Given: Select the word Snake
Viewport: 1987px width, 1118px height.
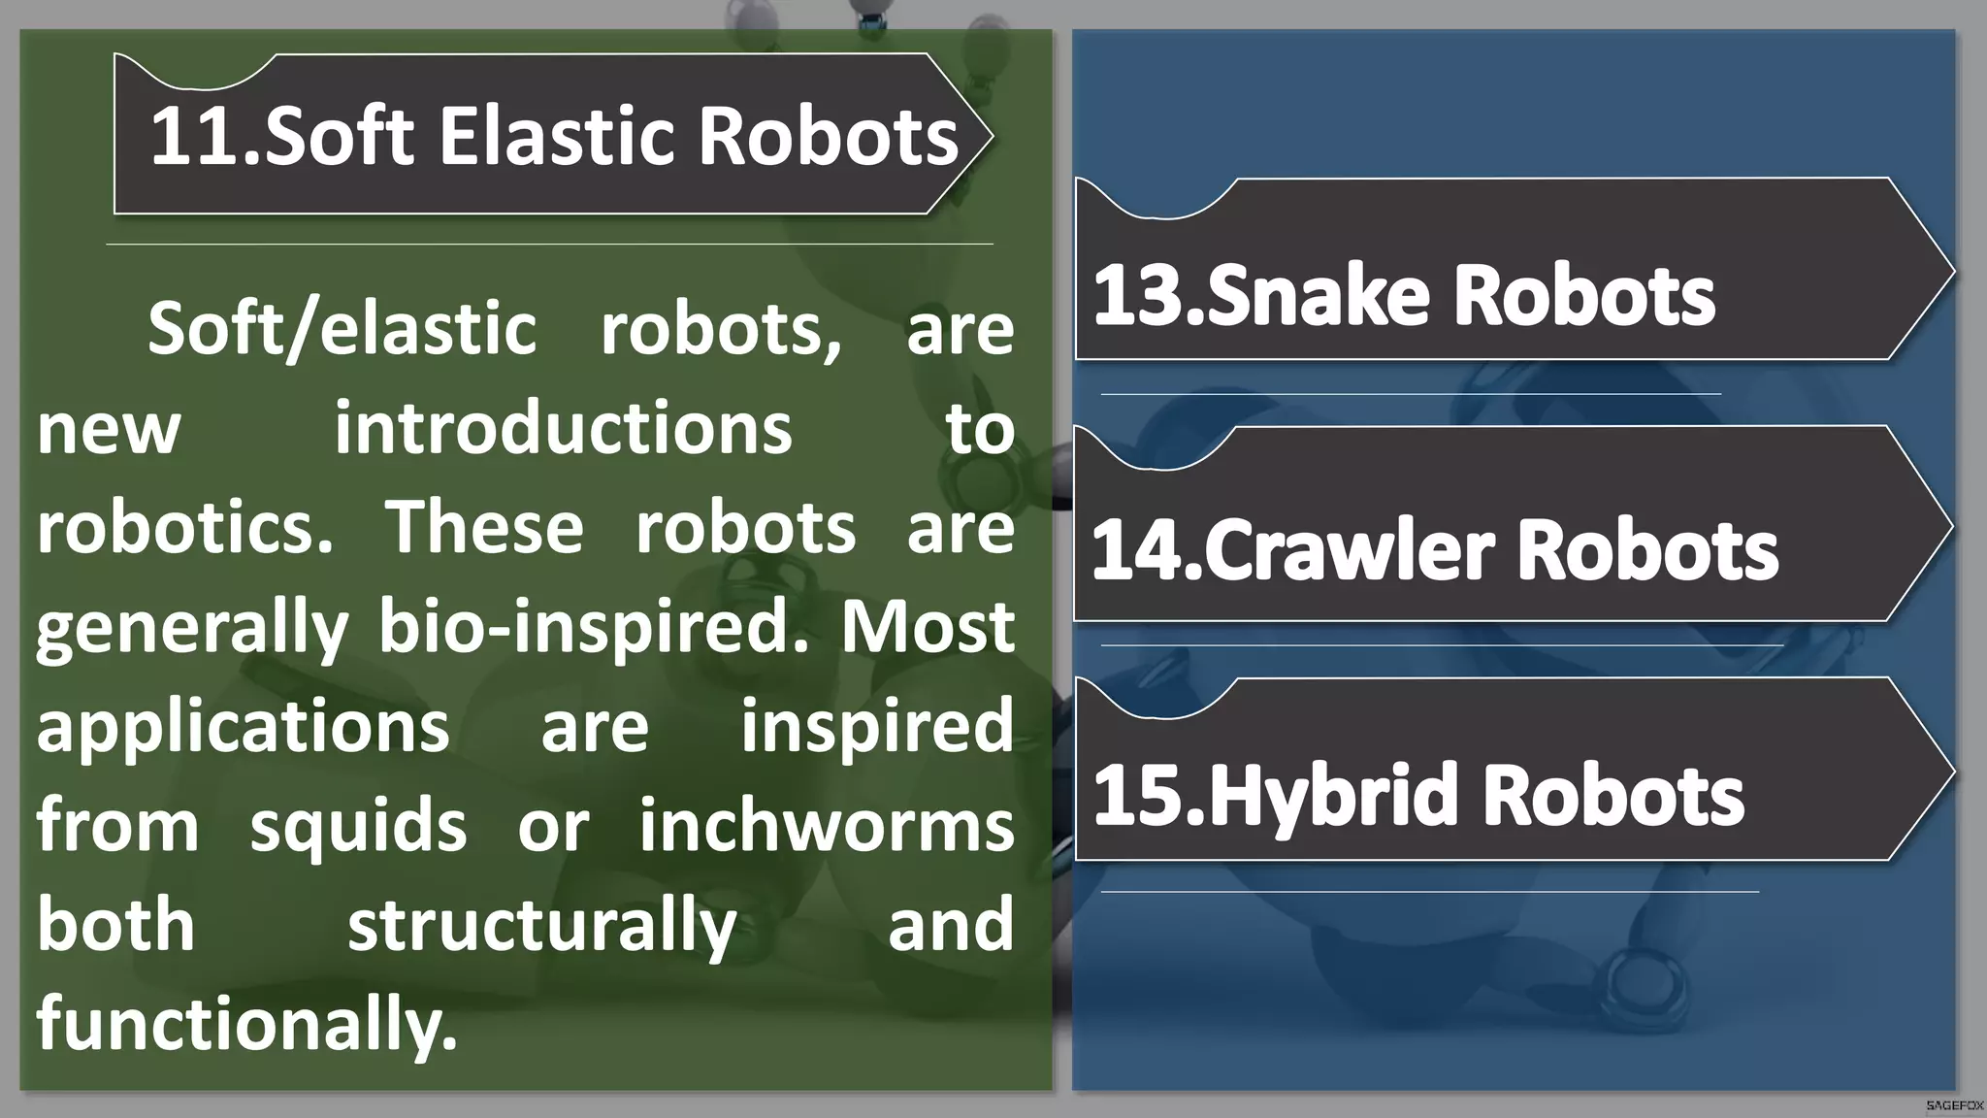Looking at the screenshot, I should (1319, 295).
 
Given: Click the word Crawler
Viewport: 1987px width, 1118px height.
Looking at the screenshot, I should (1350, 550).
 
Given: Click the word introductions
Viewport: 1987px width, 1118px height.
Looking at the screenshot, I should (563, 429).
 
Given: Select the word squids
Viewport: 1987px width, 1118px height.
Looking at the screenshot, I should (358, 826).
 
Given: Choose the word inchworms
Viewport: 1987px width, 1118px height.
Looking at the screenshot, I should (826, 826).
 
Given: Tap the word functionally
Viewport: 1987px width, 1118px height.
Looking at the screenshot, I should (246, 1025).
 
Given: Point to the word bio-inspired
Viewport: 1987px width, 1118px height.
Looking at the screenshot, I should (593, 628).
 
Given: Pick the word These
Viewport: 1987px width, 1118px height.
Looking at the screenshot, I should (485, 528).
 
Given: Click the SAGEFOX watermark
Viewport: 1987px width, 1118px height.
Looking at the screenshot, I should (1954, 1105).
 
